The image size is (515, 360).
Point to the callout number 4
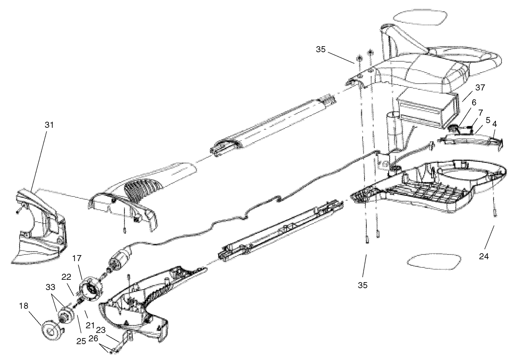point(494,125)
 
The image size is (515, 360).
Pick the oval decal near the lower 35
point(432,262)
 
